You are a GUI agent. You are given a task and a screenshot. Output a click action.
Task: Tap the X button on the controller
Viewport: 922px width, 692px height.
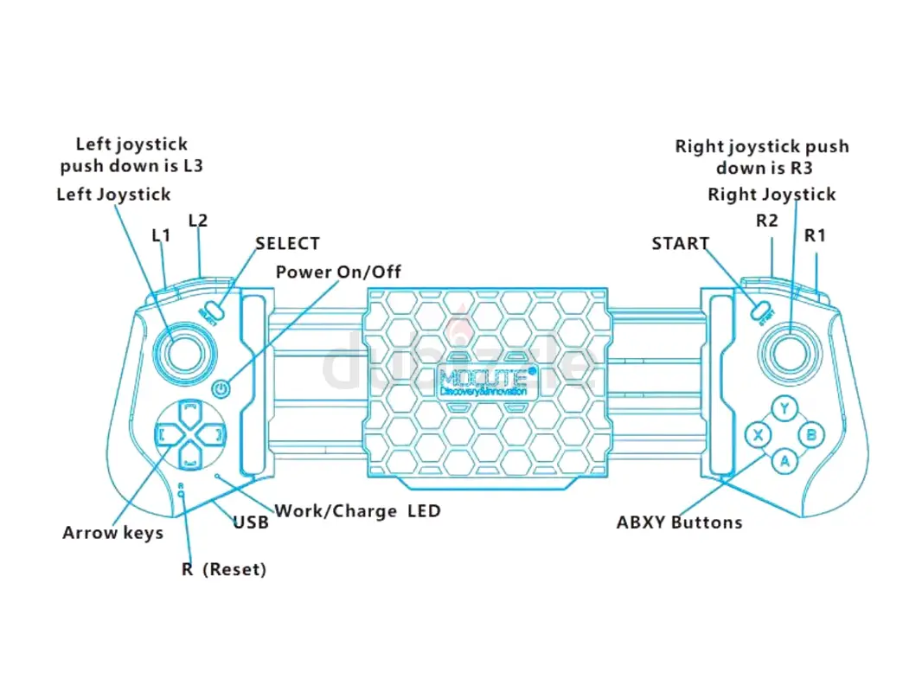[x=758, y=435]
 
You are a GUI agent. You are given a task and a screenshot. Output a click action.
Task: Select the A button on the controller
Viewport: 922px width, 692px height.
[x=784, y=461]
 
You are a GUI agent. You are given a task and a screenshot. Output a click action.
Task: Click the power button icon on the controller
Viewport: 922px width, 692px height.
[x=222, y=389]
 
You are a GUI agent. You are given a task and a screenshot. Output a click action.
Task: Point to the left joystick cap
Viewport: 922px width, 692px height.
[x=183, y=353]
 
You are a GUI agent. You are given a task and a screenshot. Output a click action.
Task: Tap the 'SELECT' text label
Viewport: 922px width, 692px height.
[x=288, y=244]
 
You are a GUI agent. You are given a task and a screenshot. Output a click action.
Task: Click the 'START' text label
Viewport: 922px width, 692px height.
[x=680, y=244]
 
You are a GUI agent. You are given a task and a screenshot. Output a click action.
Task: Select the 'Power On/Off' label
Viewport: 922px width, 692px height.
[x=338, y=272]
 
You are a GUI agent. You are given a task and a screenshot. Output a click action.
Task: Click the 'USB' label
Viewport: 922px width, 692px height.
[x=251, y=523]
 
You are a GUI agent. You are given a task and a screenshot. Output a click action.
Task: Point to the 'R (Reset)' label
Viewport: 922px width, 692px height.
[x=224, y=569]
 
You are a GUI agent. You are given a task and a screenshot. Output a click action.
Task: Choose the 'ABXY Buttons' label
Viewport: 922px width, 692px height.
[x=679, y=522]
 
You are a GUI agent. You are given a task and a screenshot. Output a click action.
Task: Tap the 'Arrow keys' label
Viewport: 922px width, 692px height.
[x=112, y=533]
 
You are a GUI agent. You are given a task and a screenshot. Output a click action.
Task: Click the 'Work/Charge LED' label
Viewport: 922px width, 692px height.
[x=357, y=510]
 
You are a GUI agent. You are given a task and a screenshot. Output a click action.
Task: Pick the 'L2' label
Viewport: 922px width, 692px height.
[x=198, y=221]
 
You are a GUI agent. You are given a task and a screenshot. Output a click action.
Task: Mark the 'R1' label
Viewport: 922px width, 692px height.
[x=815, y=235]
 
